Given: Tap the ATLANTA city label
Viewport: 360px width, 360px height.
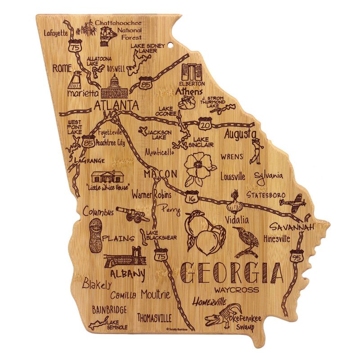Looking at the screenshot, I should point(116,105).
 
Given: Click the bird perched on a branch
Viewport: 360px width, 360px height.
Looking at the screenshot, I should point(245,241).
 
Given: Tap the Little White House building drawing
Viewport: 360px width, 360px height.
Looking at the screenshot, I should point(107,176).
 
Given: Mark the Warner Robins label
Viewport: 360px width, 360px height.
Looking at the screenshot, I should point(152,196).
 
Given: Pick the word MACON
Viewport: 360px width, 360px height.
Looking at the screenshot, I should point(160,174).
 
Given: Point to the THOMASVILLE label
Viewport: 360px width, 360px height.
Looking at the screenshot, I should point(154,318).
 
